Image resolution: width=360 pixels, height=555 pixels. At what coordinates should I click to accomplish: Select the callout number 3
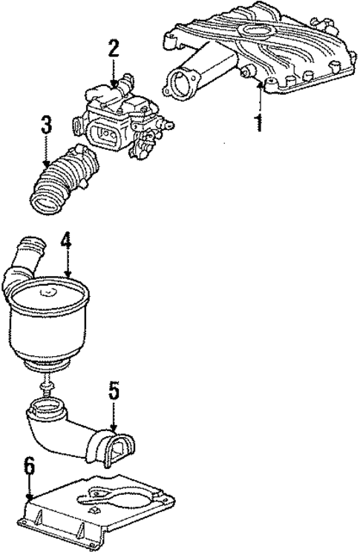click(47, 125)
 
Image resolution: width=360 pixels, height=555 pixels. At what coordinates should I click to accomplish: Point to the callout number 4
click(66, 241)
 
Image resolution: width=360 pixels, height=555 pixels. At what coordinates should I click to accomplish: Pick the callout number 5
click(113, 390)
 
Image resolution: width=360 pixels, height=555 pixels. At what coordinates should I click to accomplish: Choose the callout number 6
click(28, 467)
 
